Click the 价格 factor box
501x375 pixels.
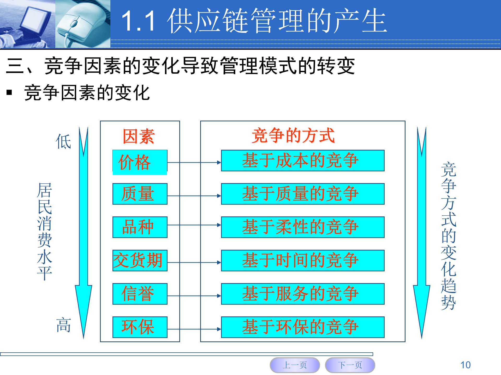[140, 162]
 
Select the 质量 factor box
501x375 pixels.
[140, 194]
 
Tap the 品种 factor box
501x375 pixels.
[140, 227]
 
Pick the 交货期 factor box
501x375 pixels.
[140, 260]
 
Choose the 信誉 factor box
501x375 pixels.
[140, 294]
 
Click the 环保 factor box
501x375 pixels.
[140, 327]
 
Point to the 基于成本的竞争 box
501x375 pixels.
[302, 160]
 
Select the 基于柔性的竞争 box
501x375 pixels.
[302, 227]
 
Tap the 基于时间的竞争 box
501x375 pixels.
[302, 260]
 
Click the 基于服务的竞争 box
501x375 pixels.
[302, 294]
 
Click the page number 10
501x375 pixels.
[465, 365]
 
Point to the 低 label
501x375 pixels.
[63, 142]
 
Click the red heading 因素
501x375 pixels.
[139, 136]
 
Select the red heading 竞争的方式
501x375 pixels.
[293, 135]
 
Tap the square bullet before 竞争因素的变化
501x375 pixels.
[9, 92]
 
